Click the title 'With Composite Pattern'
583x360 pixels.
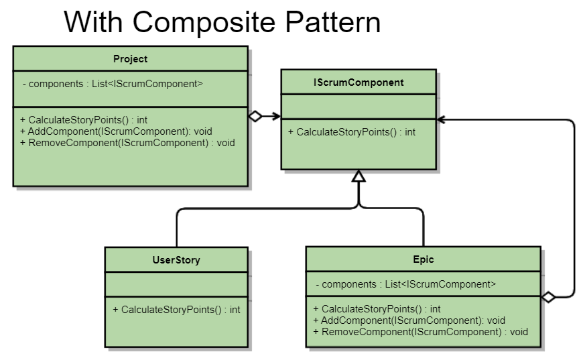(x=222, y=22)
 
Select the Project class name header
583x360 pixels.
(x=130, y=59)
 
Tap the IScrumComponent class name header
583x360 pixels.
(x=359, y=82)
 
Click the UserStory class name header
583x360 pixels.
(x=176, y=259)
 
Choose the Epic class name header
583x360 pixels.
(x=424, y=259)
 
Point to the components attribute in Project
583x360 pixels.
(x=111, y=84)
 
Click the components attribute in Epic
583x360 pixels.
(x=405, y=284)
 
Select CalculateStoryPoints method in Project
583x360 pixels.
(x=84, y=120)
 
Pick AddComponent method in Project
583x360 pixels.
(x=116, y=131)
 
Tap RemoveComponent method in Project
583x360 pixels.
(x=127, y=142)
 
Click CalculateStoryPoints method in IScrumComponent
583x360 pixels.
(x=352, y=132)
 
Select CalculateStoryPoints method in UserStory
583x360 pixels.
(x=176, y=310)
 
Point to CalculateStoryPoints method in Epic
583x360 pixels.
(x=377, y=309)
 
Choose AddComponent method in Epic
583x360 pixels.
(x=409, y=320)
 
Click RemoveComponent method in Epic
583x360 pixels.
(x=420, y=331)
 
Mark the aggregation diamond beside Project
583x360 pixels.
(x=255, y=116)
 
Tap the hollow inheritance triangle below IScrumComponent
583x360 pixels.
(x=359, y=176)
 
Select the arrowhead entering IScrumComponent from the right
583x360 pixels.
(x=441, y=120)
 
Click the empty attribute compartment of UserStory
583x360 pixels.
(x=176, y=284)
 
